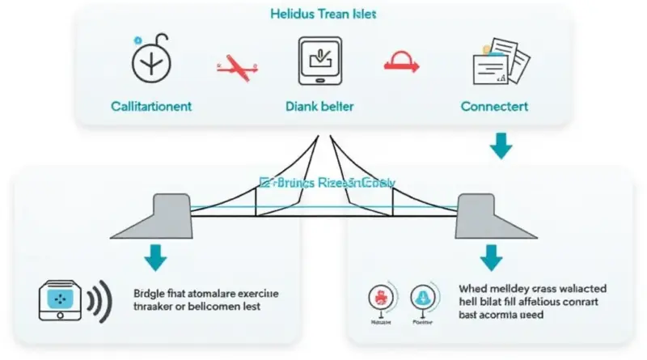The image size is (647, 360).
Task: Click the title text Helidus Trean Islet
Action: (323, 15)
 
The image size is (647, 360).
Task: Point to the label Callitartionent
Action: (151, 106)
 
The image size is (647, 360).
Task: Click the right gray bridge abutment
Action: (477, 216)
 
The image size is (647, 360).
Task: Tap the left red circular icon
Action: (380, 298)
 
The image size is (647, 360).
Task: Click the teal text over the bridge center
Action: (327, 184)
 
